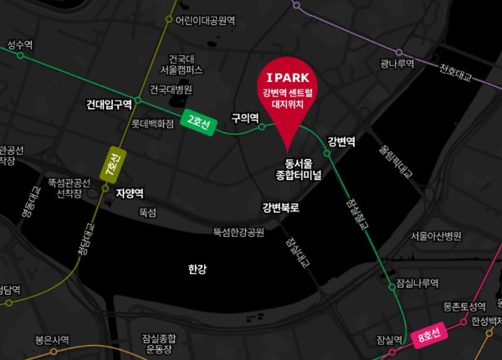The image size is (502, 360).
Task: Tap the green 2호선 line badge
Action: [198, 122]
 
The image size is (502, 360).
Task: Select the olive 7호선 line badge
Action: [110, 164]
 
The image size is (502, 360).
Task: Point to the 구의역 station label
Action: [245, 119]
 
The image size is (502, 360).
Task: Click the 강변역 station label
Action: [341, 141]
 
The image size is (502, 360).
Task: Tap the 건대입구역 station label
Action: [109, 105]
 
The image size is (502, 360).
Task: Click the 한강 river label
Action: [197, 269]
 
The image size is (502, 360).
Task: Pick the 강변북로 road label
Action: [280, 207]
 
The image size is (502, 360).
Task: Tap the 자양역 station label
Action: [130, 193]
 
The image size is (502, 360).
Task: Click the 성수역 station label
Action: [19, 44]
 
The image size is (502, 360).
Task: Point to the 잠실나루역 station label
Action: [418, 283]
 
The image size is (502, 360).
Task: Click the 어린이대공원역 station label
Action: [205, 19]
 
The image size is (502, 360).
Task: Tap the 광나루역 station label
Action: [397, 63]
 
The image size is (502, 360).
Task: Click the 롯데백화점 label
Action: [152, 123]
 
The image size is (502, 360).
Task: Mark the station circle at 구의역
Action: [262, 127]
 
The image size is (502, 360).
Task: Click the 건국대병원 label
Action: [171, 90]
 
